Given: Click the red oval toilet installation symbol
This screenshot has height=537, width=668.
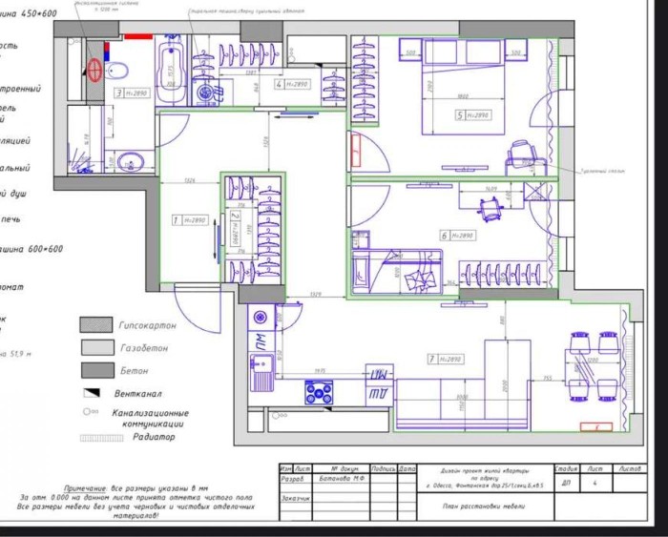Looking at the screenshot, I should [x=94, y=69].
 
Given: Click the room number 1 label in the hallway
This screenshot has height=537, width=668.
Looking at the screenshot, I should [x=176, y=219].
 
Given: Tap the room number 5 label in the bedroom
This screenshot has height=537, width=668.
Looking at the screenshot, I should [x=461, y=115].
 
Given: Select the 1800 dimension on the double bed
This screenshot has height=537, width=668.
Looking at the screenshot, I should [x=462, y=96].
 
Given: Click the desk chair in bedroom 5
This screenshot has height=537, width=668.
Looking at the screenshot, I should [x=521, y=155].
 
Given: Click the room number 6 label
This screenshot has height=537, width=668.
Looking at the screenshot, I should [x=445, y=235].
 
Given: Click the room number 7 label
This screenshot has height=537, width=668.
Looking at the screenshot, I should [x=432, y=359].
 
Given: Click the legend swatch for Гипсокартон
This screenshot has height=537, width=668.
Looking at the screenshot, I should [x=94, y=325].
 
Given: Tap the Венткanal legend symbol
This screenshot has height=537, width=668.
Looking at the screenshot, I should [x=91, y=391].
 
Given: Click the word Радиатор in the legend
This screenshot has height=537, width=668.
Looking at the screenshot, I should [x=152, y=436].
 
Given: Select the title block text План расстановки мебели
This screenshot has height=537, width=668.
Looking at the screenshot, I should [x=483, y=506].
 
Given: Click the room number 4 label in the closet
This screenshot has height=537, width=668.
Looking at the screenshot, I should [x=279, y=84].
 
